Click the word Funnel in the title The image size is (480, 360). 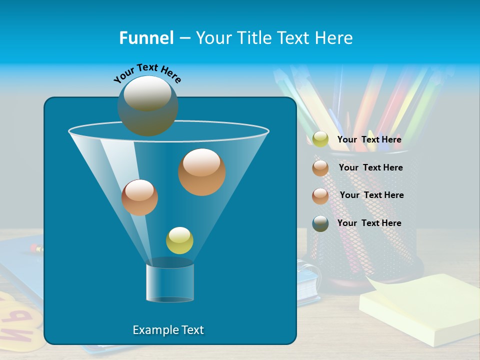click(x=146, y=38)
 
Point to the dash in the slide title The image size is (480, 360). click(x=184, y=38)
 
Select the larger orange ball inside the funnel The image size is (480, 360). click(x=202, y=171)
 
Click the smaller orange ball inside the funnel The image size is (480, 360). click(x=139, y=197)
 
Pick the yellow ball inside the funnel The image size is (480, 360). click(x=179, y=240)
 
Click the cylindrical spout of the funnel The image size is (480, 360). click(x=170, y=282)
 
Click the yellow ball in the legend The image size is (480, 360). click(x=320, y=139)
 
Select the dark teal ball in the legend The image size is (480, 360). click(x=320, y=223)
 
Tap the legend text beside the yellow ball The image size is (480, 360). click(x=369, y=139)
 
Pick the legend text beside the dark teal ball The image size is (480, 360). click(x=369, y=223)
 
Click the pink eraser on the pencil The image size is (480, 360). click(x=35, y=247)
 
